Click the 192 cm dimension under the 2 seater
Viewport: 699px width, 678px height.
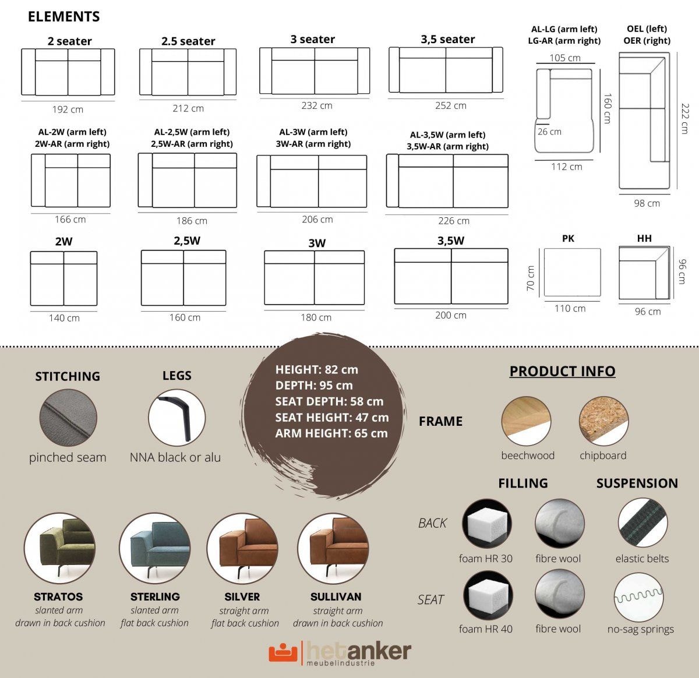click(x=68, y=109)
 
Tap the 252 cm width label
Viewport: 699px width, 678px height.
click(x=450, y=105)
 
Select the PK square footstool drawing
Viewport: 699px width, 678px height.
click(x=572, y=272)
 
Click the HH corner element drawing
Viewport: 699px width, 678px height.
click(x=644, y=273)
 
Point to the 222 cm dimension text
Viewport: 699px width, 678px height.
click(x=685, y=118)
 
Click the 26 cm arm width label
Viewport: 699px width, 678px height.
click(x=549, y=132)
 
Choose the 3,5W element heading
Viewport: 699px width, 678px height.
click(x=450, y=241)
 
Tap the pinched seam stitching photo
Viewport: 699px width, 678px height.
click(x=68, y=418)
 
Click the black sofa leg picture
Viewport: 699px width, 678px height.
click(x=176, y=418)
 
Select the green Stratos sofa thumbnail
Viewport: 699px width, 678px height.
click(x=59, y=548)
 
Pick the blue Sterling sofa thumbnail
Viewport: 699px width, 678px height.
click(x=155, y=548)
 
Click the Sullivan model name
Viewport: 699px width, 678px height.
click(x=336, y=596)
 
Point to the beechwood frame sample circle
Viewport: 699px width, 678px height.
click(x=526, y=421)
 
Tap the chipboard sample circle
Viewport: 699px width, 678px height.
click(x=604, y=421)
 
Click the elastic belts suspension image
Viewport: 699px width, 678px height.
click(x=642, y=523)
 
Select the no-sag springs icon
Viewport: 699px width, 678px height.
click(x=638, y=597)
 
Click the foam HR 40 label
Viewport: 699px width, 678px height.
click(x=486, y=629)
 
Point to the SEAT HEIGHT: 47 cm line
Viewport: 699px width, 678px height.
click(x=332, y=417)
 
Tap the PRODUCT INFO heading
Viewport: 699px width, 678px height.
click(x=563, y=371)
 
